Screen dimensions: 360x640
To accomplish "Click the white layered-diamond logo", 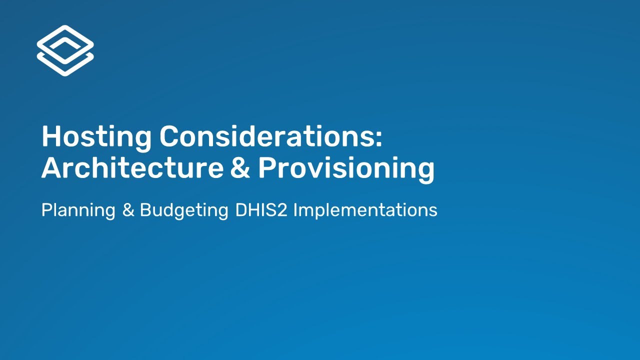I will pos(65,50).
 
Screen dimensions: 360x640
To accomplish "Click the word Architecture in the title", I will pos(132,168).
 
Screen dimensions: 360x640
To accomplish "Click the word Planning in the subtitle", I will pos(78,210).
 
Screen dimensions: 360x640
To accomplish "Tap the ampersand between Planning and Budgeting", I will pos(128,210).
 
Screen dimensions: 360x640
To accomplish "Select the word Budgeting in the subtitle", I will pos(184,210).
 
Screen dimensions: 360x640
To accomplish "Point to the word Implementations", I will pos(365,210).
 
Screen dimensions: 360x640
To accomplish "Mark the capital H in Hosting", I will pos(51,136).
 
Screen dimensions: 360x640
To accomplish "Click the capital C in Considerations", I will pos(170,136).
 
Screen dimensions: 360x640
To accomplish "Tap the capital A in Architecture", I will pos(52,168).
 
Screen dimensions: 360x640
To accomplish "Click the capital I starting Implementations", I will pos(295,210).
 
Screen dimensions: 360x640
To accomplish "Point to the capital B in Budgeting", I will pos(145,210).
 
